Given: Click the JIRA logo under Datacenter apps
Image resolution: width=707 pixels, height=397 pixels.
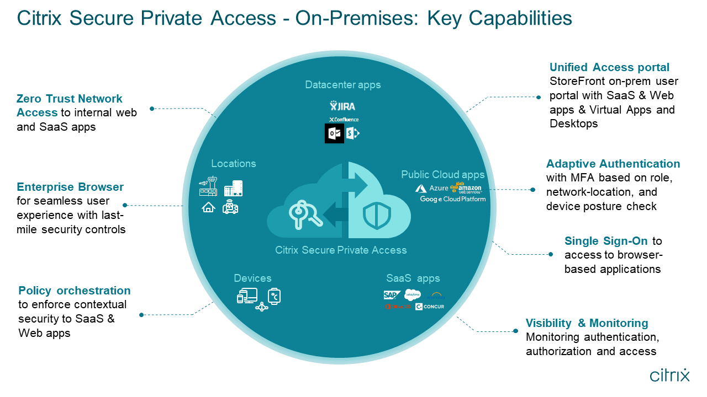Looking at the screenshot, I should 343,105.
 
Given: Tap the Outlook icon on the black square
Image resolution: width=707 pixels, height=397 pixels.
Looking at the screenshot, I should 334,133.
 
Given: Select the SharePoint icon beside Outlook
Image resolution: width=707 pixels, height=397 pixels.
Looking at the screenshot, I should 352,133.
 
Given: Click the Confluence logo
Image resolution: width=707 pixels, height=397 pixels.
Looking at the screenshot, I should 344,119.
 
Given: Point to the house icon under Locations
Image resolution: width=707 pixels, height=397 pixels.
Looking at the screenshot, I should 208,207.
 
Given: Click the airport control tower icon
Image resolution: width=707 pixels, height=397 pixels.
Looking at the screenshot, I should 208,187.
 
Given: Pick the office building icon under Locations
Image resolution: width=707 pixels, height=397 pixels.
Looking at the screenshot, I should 233,188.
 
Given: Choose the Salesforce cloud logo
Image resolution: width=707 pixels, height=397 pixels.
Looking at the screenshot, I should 413,294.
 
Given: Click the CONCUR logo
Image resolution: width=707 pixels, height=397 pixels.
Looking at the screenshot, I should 430,307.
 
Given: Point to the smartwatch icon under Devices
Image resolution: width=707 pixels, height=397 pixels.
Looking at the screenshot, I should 275,296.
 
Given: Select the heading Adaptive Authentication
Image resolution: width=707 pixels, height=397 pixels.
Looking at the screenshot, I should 613,164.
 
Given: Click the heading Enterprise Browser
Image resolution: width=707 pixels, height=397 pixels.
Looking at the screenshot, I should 70,186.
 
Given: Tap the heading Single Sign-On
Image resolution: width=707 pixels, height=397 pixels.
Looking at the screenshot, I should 606,241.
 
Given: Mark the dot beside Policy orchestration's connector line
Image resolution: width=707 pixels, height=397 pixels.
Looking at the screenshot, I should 141,315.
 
